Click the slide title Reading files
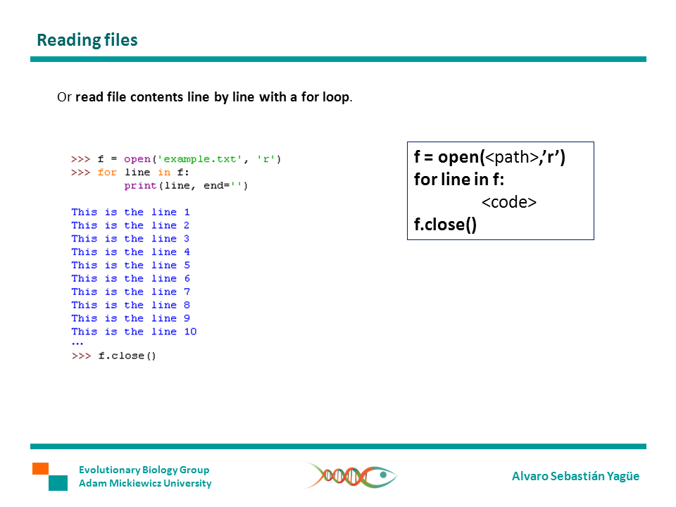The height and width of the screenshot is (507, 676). coord(87,40)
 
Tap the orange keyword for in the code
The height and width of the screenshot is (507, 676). coord(107,173)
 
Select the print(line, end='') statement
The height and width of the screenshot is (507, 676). coord(186,186)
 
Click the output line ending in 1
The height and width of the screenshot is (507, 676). coord(130,212)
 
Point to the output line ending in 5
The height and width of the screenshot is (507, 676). coord(130,265)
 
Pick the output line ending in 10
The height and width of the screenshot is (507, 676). coord(134,332)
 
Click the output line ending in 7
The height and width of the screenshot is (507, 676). coord(130,292)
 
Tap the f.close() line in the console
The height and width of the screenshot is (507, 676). coord(127,356)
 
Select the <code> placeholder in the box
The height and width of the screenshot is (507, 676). coord(509,203)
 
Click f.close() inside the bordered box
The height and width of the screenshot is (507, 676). coord(445,225)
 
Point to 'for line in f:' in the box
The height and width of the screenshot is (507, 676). coord(459,180)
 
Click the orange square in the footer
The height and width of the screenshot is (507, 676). coord(40,468)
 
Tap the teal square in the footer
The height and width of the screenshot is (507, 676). coord(58,483)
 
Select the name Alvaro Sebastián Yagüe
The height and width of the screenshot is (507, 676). coord(575,476)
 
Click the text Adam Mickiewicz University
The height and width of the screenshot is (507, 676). coord(145,483)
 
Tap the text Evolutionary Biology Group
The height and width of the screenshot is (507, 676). coord(144,470)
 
